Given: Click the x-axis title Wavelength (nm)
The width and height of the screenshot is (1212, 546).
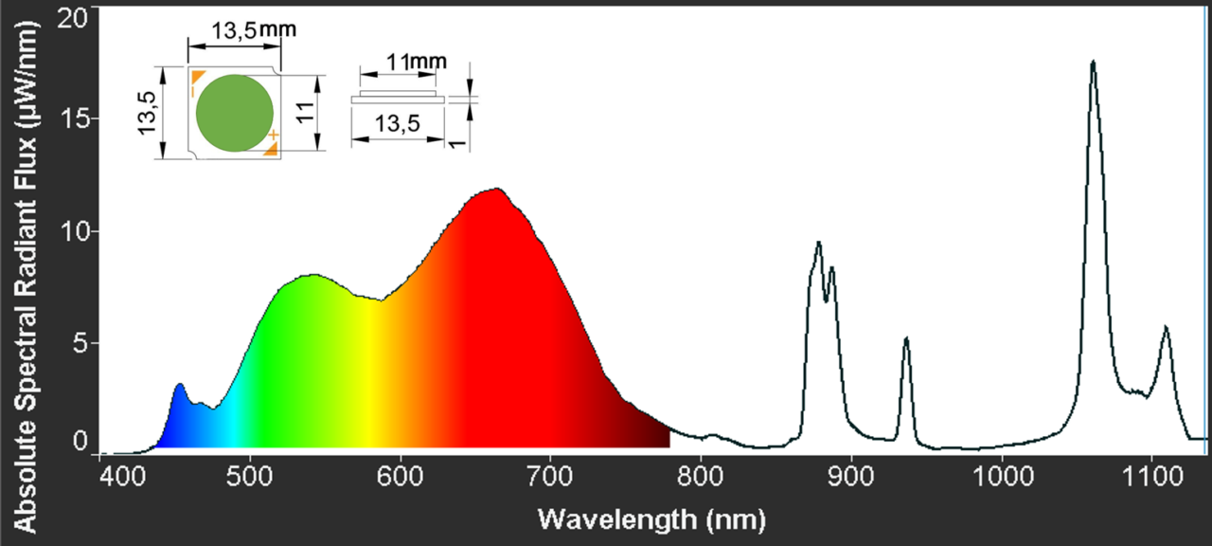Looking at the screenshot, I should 651,519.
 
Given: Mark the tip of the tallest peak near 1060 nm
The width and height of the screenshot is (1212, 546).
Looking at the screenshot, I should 1094,62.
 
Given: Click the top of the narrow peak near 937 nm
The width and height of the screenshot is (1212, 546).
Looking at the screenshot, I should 906,338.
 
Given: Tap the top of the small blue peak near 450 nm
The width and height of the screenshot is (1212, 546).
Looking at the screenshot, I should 179,385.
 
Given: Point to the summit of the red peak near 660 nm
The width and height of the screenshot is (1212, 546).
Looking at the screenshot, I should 495,189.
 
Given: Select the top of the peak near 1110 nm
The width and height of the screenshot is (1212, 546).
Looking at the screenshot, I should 1166,327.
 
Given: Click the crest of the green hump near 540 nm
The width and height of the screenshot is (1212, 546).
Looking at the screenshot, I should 312,276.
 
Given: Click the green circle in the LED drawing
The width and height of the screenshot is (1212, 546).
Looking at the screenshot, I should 235,114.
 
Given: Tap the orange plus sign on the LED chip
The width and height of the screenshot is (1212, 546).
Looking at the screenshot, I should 273,136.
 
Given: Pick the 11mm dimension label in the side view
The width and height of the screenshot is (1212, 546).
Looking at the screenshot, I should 410,63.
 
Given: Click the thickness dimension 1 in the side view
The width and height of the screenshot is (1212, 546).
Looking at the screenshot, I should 455,138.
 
